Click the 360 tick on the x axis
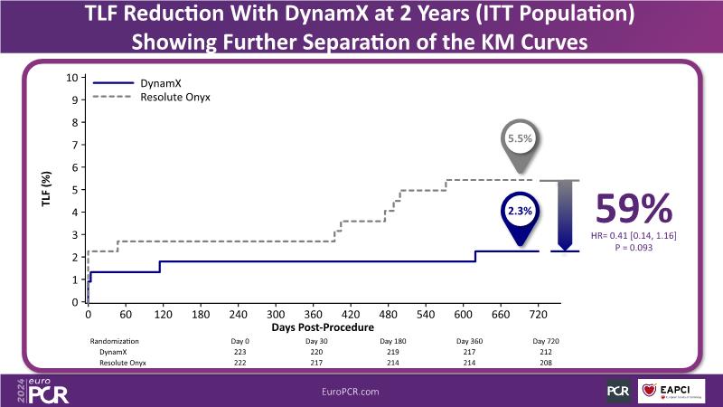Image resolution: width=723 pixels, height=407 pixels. pos(314,314)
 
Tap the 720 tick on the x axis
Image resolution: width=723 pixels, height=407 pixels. pos(538,314)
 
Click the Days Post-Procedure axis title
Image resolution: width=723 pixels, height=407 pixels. pos(313,326)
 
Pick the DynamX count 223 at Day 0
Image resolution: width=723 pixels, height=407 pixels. pos(239,351)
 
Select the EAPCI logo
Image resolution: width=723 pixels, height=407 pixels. pos(672,390)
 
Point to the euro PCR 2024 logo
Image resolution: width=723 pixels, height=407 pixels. pos(40,390)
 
